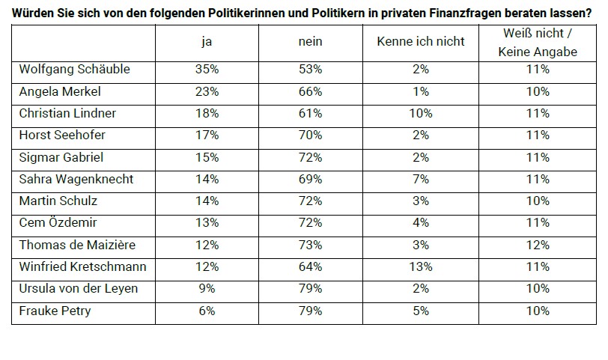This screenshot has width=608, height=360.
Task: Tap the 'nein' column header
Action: pyautogui.click(x=310, y=42)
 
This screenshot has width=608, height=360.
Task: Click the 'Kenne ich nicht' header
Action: pyautogui.click(x=420, y=42)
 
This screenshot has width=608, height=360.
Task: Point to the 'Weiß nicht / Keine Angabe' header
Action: pyautogui.click(x=537, y=42)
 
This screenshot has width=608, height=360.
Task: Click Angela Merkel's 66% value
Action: pyautogui.click(x=310, y=91)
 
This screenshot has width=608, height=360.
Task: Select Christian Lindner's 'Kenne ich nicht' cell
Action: pyautogui.click(x=420, y=114)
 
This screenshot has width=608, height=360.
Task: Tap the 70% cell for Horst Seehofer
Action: pyautogui.click(x=310, y=135)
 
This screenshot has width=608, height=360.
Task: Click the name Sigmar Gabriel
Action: pyautogui.click(x=61, y=158)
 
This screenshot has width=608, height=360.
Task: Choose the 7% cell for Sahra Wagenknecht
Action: pyautogui.click(x=420, y=180)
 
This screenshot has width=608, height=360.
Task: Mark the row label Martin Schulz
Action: pyautogui.click(x=58, y=201)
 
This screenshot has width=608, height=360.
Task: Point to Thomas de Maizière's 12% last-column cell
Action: pyautogui.click(x=537, y=245)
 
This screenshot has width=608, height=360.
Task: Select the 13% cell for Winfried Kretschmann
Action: pyautogui.click(x=420, y=267)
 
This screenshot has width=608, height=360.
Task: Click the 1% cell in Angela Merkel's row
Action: pyautogui.click(x=420, y=91)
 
